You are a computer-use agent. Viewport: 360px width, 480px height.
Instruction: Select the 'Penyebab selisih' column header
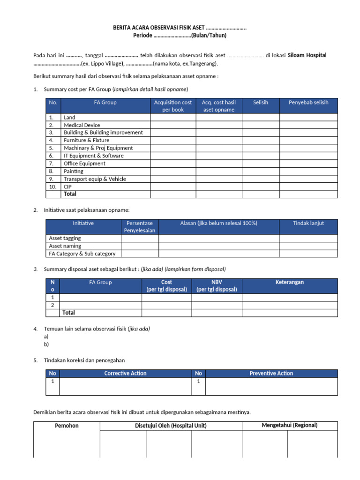click(308, 102)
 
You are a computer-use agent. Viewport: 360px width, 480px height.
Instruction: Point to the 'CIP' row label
click(68, 186)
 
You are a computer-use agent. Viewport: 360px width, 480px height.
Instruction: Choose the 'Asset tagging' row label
click(65, 238)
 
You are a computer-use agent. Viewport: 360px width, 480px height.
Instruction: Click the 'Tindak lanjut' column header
click(308, 223)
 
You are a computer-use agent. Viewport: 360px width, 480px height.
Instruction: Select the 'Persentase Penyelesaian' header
click(140, 227)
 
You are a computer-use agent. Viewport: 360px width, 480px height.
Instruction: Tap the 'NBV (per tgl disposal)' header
click(217, 286)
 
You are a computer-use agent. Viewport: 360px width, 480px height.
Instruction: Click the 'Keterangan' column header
click(289, 282)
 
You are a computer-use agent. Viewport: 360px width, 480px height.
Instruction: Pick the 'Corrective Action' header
click(125, 374)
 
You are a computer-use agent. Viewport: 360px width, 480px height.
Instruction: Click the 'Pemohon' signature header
click(67, 426)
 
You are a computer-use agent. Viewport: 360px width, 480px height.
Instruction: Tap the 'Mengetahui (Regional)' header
click(289, 425)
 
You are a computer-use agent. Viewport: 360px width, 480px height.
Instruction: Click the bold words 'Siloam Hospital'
click(307, 55)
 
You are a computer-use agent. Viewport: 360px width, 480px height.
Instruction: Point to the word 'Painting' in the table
click(73, 171)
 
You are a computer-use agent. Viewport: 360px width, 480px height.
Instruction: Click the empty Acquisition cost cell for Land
click(173, 118)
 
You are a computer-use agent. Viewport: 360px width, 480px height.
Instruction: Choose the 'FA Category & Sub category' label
click(82, 254)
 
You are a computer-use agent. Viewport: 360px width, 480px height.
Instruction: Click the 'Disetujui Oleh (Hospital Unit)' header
click(171, 426)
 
